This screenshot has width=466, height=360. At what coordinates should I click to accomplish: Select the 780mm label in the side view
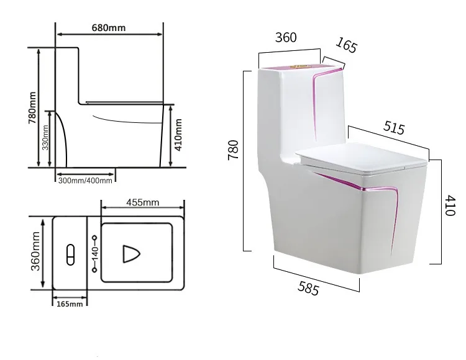tap(33, 108)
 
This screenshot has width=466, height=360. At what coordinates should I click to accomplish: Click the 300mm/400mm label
tap(86, 181)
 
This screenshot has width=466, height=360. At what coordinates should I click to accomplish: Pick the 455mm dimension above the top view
tap(142, 202)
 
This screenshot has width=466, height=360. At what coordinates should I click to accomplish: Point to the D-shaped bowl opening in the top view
tap(131, 254)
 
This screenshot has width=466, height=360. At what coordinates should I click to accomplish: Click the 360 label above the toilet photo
tap(286, 37)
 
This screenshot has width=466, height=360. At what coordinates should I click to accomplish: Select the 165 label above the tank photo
tap(346, 46)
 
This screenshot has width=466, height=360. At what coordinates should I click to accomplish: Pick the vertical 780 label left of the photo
tap(233, 150)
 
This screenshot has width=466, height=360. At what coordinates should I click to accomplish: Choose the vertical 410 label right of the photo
tap(450, 205)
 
